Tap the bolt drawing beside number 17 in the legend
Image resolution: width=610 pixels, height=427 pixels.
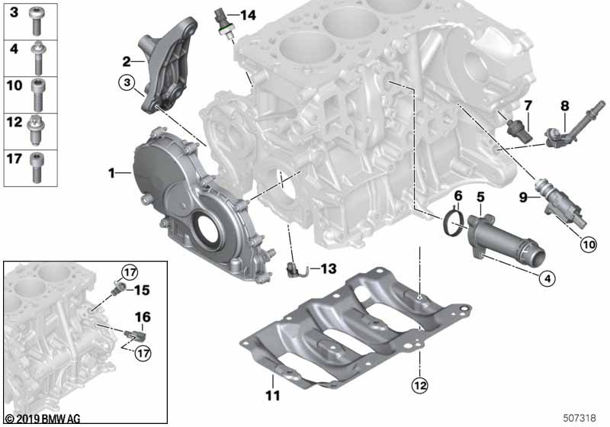(36, 166)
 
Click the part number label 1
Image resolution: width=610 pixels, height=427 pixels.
(112, 174)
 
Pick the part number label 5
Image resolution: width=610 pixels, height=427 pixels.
(480, 197)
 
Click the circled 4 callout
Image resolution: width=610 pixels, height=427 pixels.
(545, 279)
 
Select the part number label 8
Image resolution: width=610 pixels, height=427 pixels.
(565, 105)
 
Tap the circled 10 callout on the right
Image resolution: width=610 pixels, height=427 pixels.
(587, 245)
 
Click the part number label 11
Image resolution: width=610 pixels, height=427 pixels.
(273, 396)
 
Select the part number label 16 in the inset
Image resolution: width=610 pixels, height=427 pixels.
(143, 316)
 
